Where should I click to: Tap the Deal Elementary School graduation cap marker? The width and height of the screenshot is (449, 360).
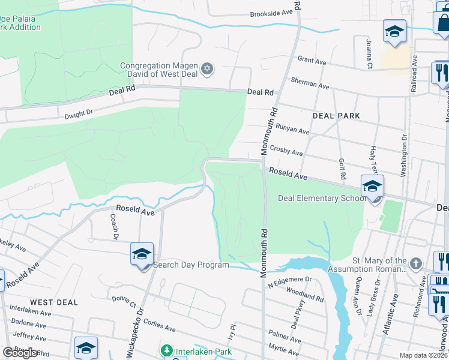click(x=372, y=186)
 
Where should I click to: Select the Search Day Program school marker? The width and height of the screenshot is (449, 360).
click(x=142, y=254)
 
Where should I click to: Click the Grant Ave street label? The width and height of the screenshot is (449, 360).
click(x=312, y=60)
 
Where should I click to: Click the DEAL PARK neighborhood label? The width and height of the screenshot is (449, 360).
click(x=336, y=116)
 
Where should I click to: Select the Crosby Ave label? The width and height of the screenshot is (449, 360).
click(x=286, y=150)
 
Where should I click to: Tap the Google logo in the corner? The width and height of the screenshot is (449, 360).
click(x=20, y=353)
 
